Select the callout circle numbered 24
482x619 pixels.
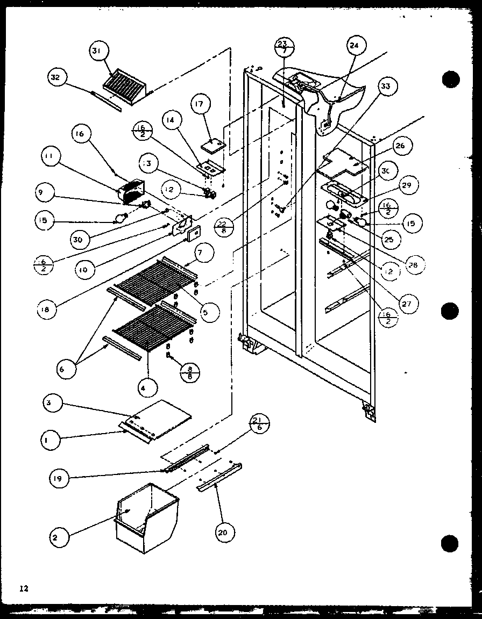353,46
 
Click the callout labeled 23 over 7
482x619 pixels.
283,47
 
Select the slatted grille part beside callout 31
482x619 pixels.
124,85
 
